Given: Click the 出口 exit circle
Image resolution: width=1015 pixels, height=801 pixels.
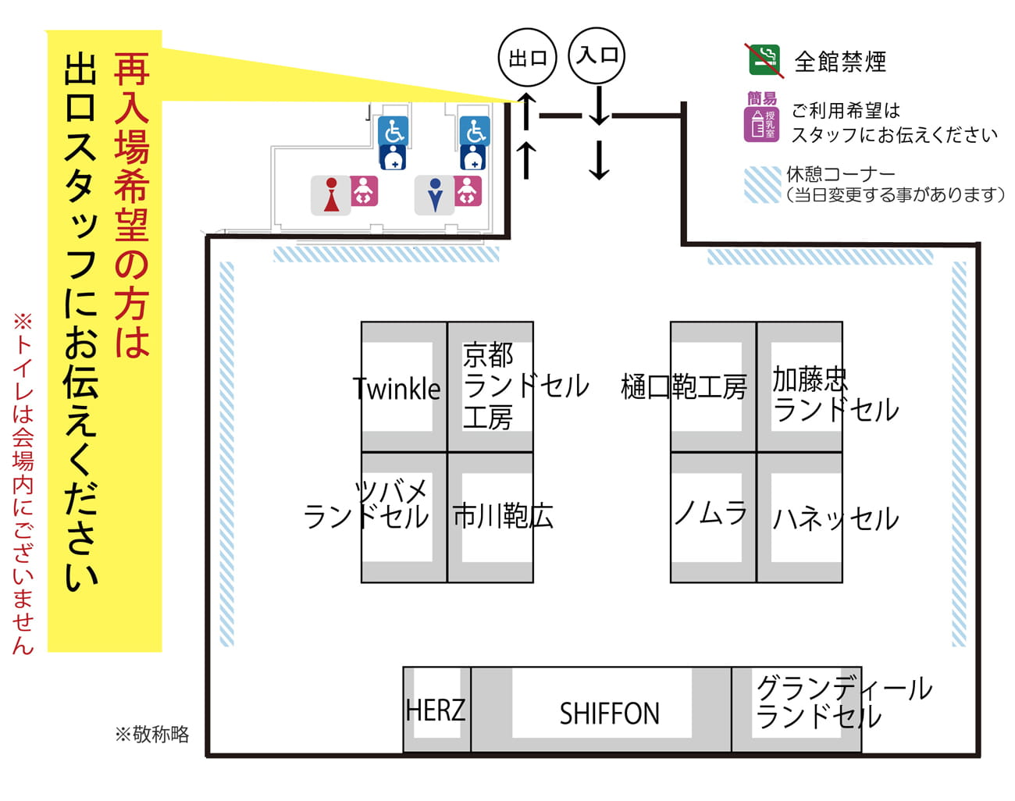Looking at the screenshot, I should tap(527, 58).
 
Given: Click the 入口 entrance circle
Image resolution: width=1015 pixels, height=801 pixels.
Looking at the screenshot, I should tap(597, 55).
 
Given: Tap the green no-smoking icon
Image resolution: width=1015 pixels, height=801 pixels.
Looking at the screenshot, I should tap(764, 60).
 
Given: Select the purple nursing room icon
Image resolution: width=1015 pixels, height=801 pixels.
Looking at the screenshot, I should tap(761, 124).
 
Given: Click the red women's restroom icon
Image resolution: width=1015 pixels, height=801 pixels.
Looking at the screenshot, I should tap(332, 195).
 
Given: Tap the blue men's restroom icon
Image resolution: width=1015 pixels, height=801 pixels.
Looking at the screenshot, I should tap(435, 195).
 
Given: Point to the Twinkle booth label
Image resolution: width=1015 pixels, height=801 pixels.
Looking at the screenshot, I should tap(397, 388).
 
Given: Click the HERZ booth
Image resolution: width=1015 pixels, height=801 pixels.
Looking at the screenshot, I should tap(436, 710).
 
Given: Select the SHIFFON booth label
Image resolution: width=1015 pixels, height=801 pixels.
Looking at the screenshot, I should tap(609, 714).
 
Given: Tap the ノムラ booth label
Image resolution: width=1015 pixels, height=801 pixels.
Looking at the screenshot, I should tap(710, 513).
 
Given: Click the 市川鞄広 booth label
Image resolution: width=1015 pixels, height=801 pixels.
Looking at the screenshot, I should tap(503, 516).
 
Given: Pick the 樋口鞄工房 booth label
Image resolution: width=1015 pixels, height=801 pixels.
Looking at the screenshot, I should tap(684, 386).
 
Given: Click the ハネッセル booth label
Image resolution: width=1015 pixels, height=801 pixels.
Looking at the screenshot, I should tap(835, 518).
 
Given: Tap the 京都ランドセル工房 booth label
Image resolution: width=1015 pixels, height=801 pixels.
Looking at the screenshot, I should tap(525, 386).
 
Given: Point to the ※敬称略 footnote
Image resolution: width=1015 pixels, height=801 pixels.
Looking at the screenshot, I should tap(152, 734).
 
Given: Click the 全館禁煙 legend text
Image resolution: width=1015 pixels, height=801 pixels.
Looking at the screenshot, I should tap(840, 62).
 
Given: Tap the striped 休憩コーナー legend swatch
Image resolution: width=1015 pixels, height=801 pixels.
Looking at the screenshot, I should tap(762, 185).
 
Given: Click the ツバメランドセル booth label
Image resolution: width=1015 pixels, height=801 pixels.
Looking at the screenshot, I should tap(367, 504).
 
